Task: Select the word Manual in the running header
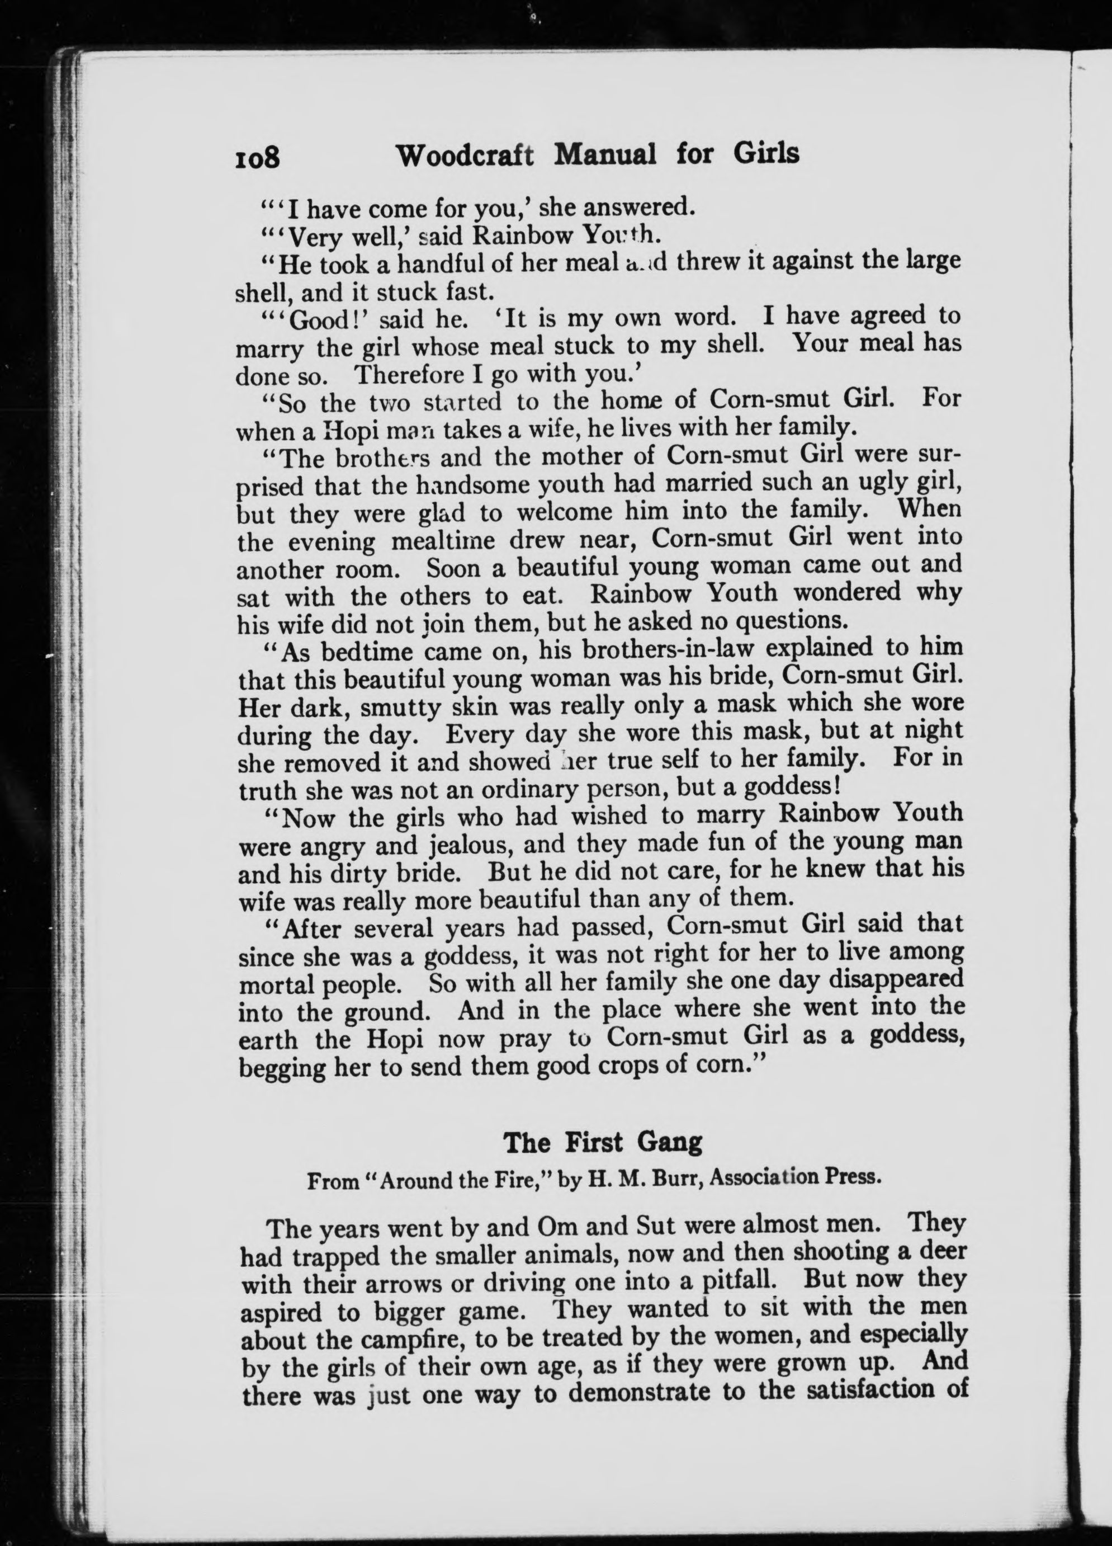click(605, 155)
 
